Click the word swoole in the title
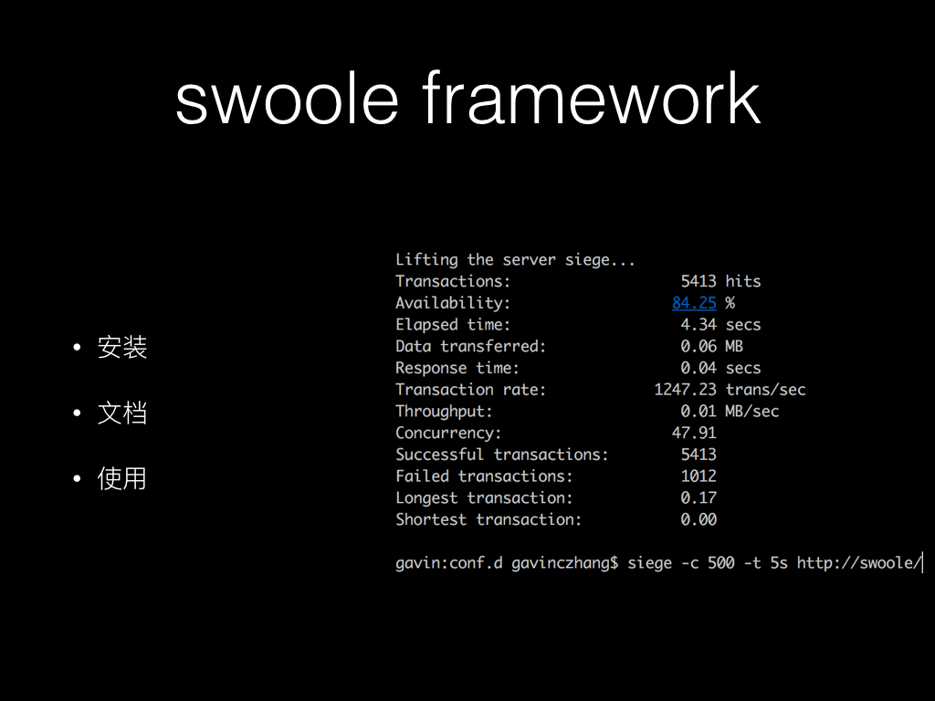tap(287, 98)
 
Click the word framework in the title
tap(591, 98)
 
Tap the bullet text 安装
tap(122, 348)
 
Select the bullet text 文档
tap(122, 413)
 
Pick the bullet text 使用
tap(122, 478)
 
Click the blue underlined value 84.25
tap(694, 303)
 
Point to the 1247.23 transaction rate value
tap(685, 390)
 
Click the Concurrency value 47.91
tap(694, 433)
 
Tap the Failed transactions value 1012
tap(699, 476)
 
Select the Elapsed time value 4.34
tap(699, 325)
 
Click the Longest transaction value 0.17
tap(699, 497)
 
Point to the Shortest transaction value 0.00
tap(699, 519)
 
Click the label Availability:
tap(453, 303)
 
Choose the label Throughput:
tap(445, 412)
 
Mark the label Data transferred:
tap(470, 346)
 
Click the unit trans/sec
tap(766, 390)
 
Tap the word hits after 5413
tap(743, 281)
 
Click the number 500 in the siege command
tap(721, 563)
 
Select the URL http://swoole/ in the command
tap(859, 563)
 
